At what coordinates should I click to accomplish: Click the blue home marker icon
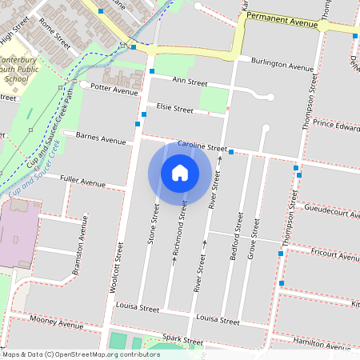tap(180, 172)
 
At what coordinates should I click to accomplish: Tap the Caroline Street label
tap(202, 147)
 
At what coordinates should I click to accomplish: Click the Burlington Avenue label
tap(282, 66)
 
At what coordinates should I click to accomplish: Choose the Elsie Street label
tap(175, 109)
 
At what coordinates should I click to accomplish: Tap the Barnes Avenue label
tap(101, 139)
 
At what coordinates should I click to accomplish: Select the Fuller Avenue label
tap(82, 184)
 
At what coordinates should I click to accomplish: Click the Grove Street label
tap(253, 230)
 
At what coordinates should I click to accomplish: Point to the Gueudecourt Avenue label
tap(332, 210)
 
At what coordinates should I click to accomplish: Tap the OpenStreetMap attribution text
tap(81, 354)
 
